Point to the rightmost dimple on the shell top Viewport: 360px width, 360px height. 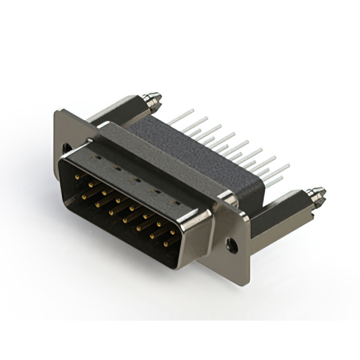[x=176, y=201]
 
